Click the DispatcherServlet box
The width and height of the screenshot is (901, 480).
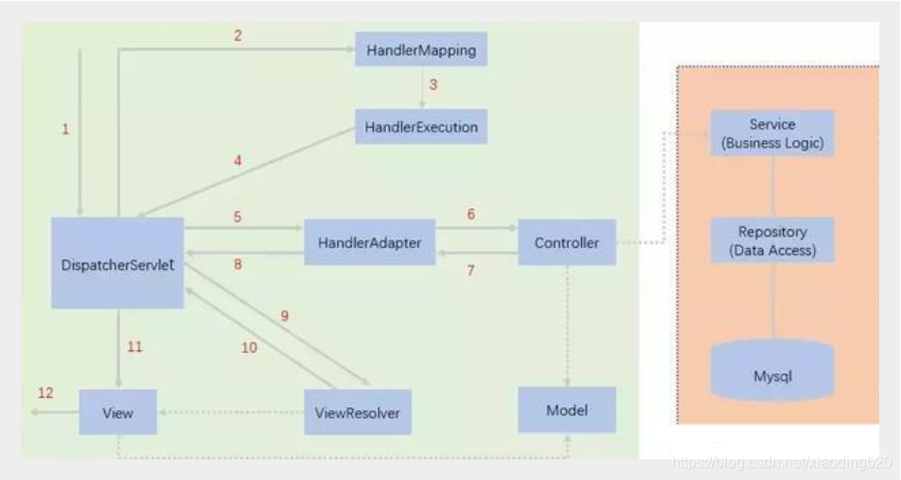point(117,262)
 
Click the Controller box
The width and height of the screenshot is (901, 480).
point(566,243)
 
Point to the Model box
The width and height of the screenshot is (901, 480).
point(567,410)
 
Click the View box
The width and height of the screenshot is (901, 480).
point(118,414)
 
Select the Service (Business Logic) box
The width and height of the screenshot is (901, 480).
point(772,133)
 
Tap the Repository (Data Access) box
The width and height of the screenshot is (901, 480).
point(772,240)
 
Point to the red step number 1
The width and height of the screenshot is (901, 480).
point(65,130)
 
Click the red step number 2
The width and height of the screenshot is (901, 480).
point(238,36)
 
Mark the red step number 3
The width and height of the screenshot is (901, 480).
point(433,85)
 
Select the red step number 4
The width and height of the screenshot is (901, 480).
point(238,161)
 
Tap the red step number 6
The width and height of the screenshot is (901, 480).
point(470,216)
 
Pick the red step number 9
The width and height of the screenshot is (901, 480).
point(283,316)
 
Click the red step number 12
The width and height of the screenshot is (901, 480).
point(44,392)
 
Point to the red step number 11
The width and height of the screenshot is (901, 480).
point(134,347)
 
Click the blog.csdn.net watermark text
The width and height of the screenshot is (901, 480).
point(781,462)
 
